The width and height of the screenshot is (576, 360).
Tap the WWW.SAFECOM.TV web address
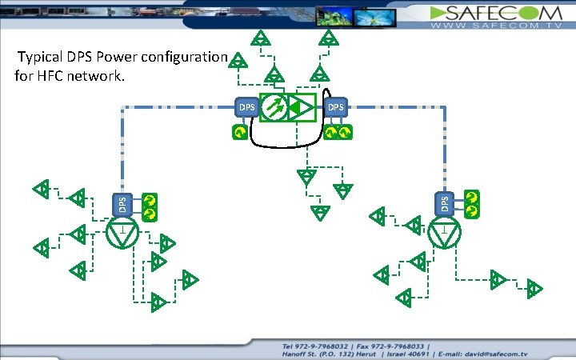pyautogui.click(x=497, y=26)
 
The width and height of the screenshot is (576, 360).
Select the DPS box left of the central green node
pyautogui.click(x=246, y=107)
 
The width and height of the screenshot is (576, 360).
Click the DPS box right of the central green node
pyautogui.click(x=335, y=107)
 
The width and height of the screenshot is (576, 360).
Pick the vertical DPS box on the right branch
pyautogui.click(x=446, y=202)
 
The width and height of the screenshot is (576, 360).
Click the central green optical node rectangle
pyautogui.click(x=288, y=107)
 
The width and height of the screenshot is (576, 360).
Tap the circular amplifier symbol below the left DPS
pyautogui.click(x=122, y=233)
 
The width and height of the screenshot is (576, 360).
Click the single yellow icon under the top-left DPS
pyautogui.click(x=238, y=132)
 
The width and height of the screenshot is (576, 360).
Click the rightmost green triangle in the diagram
pyautogui.click(x=534, y=288)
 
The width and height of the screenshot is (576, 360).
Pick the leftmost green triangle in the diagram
pyautogui.click(x=40, y=190)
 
